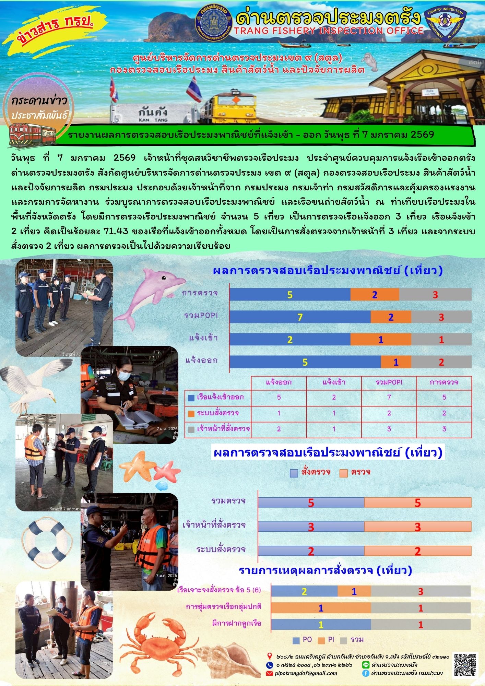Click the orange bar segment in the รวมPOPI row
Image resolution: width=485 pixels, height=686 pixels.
coord(391,317)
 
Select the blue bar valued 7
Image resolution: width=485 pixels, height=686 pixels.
coord(300,317)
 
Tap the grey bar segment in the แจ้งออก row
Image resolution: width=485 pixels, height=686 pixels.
coord(441,362)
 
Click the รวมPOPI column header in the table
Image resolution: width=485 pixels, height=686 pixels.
coord(389,382)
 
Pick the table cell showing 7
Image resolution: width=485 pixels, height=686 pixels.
coord(389,397)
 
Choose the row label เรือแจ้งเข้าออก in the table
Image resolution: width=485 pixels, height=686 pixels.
coord(220,397)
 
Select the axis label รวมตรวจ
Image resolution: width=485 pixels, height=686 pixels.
coord(228,501)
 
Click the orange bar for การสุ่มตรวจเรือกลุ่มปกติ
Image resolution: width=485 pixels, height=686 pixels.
coord(321,608)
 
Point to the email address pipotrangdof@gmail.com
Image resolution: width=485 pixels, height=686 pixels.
coord(306,673)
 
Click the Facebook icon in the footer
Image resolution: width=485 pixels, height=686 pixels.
coord(366,673)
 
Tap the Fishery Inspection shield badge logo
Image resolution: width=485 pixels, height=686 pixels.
coord(445,25)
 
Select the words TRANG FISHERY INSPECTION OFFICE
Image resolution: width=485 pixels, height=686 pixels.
coord(329,31)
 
